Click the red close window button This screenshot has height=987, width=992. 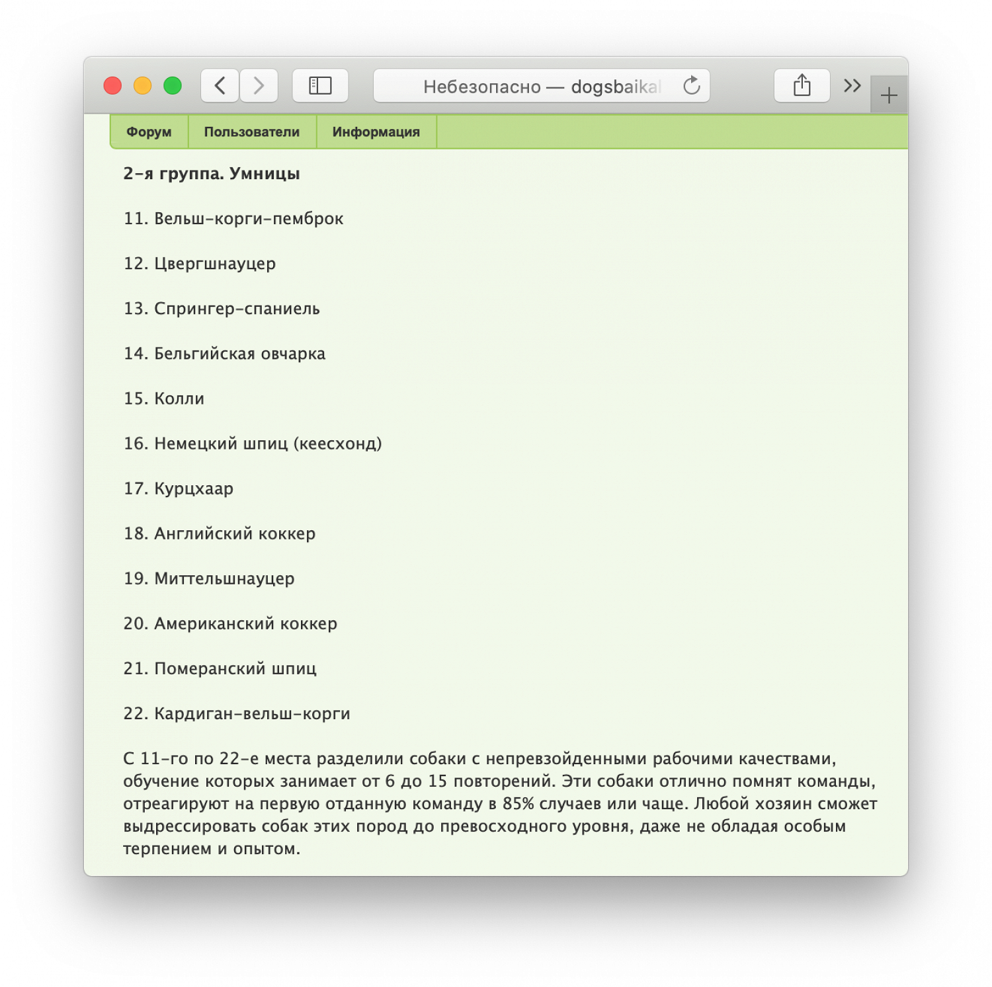(112, 86)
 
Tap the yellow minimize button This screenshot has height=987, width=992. (143, 86)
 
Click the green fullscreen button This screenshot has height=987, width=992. (173, 86)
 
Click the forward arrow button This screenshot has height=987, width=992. (259, 86)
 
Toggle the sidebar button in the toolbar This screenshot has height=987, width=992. (320, 86)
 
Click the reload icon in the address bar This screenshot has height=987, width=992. (692, 86)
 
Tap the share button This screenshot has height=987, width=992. (802, 86)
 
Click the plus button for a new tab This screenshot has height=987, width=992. (889, 96)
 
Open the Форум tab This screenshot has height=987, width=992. (149, 132)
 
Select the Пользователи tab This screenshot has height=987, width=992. (252, 132)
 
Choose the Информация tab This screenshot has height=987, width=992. (376, 132)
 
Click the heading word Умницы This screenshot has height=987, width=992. (265, 174)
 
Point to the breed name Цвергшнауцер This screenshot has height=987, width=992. (215, 264)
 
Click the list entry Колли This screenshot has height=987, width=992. (179, 399)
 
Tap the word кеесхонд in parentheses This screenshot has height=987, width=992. (337, 444)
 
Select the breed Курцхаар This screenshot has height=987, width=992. (194, 489)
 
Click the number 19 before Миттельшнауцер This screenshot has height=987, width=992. (135, 578)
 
